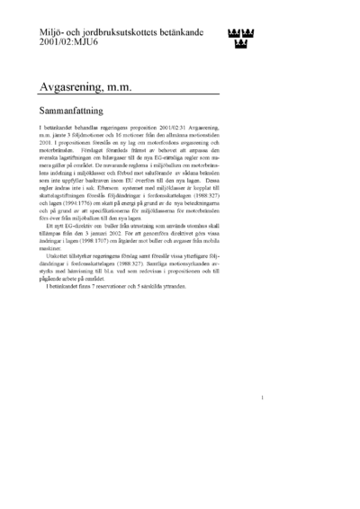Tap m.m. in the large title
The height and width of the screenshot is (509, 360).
click(138, 87)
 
